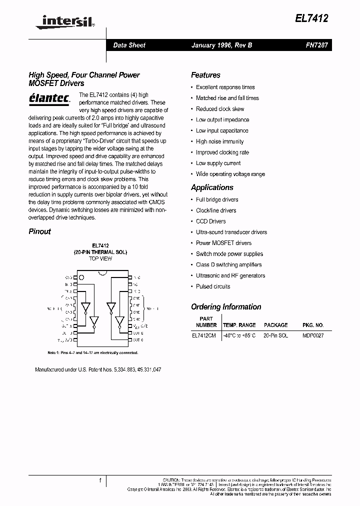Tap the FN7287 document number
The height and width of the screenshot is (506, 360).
pyautogui.click(x=316, y=45)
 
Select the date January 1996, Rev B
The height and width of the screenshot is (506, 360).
pyautogui.click(x=221, y=45)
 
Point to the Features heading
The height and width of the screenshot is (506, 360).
pyautogui.click(x=205, y=75)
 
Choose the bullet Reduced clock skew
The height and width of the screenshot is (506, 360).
pyautogui.click(x=220, y=109)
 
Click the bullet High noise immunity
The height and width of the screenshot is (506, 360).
pyautogui.click(x=219, y=141)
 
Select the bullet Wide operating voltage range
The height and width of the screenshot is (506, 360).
pyautogui.click(x=230, y=174)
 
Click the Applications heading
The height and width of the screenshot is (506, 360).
pyautogui.click(x=212, y=187)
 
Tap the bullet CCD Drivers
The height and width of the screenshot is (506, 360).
pyautogui.click(x=210, y=221)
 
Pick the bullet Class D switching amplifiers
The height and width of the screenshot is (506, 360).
pyautogui.click(x=228, y=264)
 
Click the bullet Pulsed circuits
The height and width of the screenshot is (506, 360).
pyautogui.click(x=213, y=286)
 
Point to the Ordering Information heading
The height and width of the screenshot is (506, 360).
pyautogui.click(x=226, y=307)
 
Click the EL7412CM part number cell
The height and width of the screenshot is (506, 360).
pyautogui.click(x=204, y=335)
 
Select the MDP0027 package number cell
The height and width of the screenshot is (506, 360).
pyautogui.click(x=313, y=335)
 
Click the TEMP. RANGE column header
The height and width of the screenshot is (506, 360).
pyautogui.click(x=239, y=325)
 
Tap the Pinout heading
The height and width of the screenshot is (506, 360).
pyautogui.click(x=39, y=231)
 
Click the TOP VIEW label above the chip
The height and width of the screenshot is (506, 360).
pyautogui.click(x=100, y=258)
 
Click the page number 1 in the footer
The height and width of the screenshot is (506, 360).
pyautogui.click(x=100, y=481)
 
